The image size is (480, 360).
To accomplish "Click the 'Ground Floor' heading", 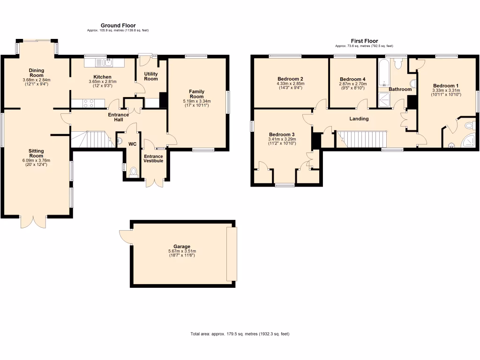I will pos(118,25).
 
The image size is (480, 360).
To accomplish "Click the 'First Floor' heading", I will pos(364,41).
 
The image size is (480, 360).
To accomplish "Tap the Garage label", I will pos(182,247).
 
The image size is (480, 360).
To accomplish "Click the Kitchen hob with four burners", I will pos(89,103).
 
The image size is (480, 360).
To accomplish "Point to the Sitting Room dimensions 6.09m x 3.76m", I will pos(37,160).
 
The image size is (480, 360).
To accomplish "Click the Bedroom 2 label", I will pos(290,79).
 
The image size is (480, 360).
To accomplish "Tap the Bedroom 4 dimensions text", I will pos(352,86).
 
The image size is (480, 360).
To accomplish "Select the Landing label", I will pos(359,119).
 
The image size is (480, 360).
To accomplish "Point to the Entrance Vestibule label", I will pos(153,158).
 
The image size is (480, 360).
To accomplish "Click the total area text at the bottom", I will pos(240,334).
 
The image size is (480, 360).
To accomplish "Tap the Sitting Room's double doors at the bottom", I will pos(33,222).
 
